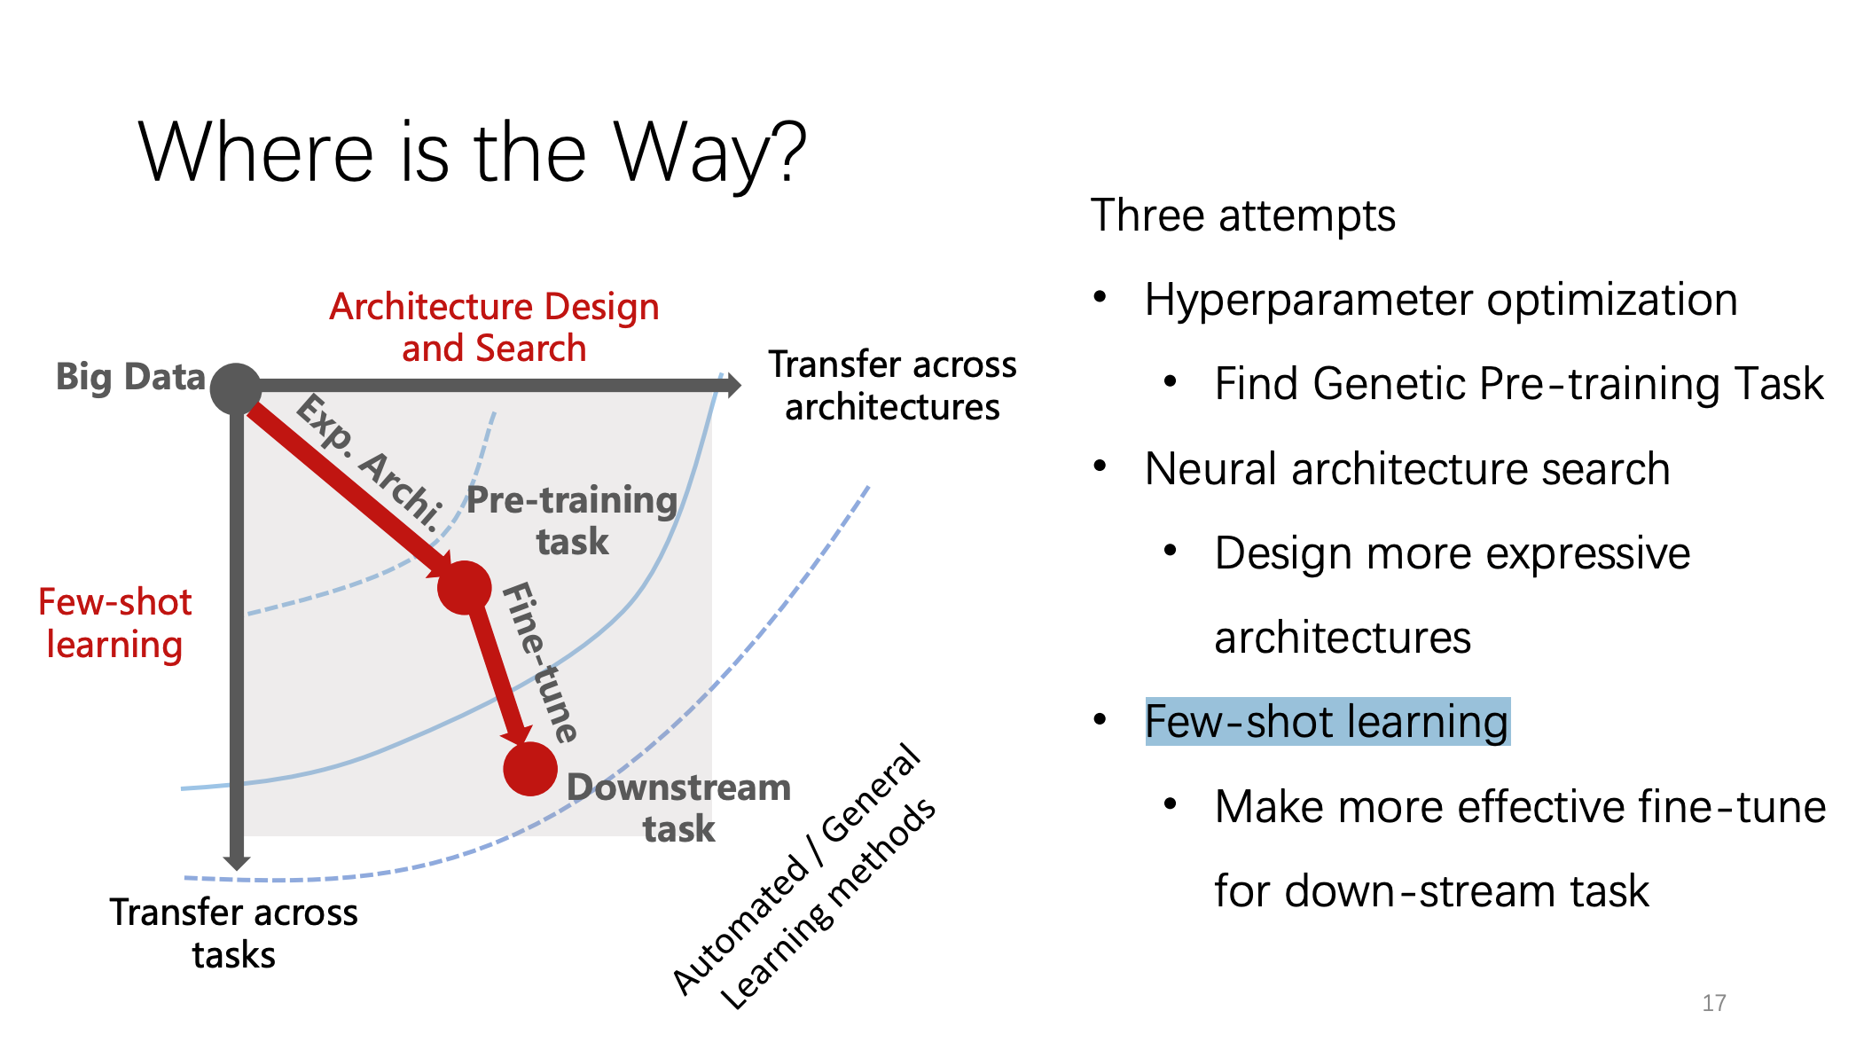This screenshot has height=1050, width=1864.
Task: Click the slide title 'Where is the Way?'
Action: click(x=472, y=153)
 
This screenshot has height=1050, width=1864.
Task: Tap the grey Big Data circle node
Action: click(x=236, y=388)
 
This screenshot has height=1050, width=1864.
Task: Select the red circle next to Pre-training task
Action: click(x=464, y=587)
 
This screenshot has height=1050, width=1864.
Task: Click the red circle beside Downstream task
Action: click(x=530, y=768)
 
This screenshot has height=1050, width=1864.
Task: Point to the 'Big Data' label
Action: click(x=130, y=377)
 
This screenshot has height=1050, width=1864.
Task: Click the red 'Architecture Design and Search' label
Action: click(x=494, y=327)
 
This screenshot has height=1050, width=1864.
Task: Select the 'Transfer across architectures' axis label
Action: click(x=892, y=386)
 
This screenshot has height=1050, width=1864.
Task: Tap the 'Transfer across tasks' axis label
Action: click(x=234, y=933)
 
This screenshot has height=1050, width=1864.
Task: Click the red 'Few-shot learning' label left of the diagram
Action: click(x=114, y=623)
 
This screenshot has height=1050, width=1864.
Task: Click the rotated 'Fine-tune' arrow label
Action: click(x=540, y=662)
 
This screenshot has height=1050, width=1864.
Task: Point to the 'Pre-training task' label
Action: click(x=572, y=521)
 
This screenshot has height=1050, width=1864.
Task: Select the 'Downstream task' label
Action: click(x=678, y=807)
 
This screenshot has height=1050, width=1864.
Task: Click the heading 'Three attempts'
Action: click(x=1242, y=215)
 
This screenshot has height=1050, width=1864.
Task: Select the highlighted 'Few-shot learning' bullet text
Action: click(x=1327, y=721)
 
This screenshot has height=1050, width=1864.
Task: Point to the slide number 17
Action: click(x=1713, y=1003)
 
